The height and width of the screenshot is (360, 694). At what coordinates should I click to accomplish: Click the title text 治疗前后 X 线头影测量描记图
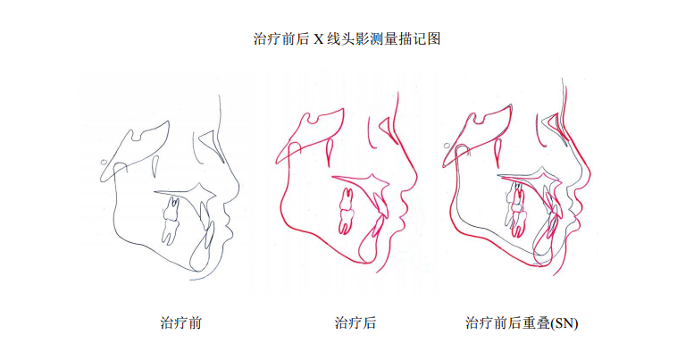coord(347,39)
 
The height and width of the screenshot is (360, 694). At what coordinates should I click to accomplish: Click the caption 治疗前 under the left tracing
coord(181,322)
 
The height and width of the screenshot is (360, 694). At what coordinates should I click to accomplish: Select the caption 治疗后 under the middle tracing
coord(355,322)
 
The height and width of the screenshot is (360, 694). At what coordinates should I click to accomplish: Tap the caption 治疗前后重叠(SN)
coord(522,322)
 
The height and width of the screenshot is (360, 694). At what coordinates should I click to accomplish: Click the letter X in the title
coord(318,39)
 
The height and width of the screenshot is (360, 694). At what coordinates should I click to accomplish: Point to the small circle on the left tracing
coord(104,162)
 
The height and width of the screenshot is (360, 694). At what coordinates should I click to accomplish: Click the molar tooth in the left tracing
coord(170,220)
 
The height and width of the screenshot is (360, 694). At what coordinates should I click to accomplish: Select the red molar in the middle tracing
coord(347,211)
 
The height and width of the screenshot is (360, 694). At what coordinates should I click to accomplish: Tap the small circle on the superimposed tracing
coord(447,146)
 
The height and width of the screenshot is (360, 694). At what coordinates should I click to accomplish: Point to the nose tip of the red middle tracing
coord(416,176)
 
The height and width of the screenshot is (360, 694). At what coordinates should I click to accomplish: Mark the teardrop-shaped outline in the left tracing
coord(155,166)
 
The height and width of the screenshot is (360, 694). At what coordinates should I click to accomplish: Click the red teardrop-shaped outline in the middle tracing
coord(330,153)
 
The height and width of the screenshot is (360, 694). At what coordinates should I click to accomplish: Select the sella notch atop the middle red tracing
coord(312,119)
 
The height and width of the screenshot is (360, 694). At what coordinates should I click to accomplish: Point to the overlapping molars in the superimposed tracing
coord(516,209)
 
